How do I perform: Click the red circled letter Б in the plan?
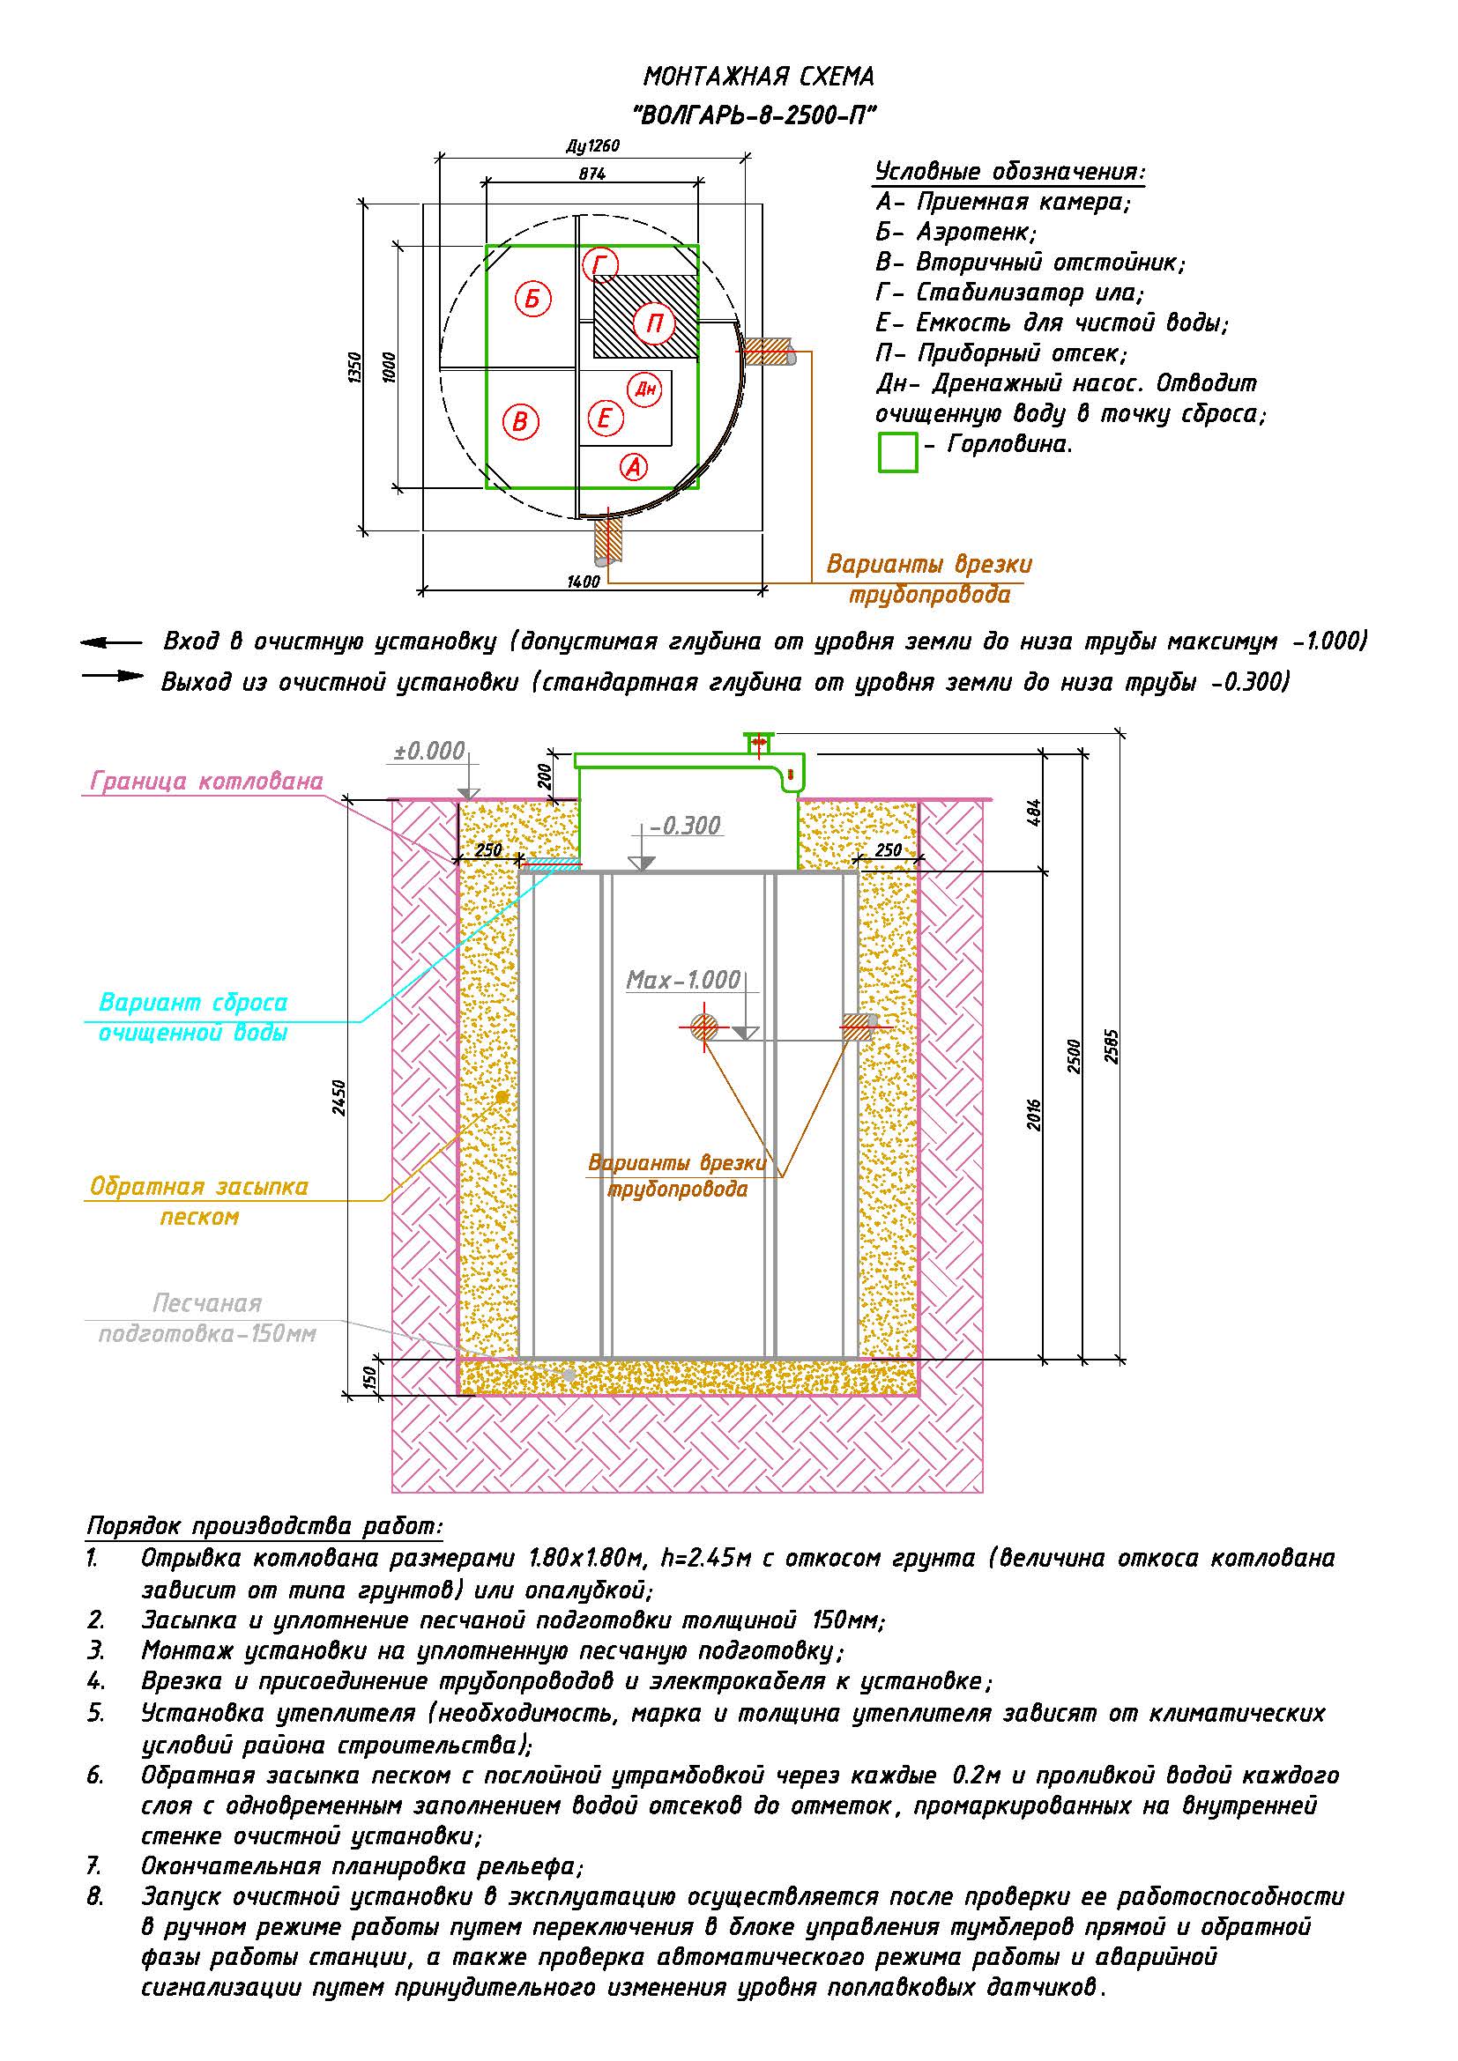coord(532,298)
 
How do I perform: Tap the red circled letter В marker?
coord(520,421)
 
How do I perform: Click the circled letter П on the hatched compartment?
coord(653,323)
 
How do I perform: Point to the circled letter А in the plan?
coord(634,467)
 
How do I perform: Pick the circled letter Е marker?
coord(604,419)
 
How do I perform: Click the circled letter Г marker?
coord(599,265)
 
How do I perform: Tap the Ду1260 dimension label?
coord(592,146)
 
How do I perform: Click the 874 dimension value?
coord(591,174)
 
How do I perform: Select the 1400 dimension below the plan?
coord(584,582)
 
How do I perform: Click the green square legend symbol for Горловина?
coord(896,451)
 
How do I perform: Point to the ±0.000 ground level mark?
coord(430,751)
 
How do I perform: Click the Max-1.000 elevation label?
coord(683,979)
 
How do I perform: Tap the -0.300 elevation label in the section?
coord(686,826)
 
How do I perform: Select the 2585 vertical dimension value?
coord(1112,1046)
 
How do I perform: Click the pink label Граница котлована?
coord(206,781)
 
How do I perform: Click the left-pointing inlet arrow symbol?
coord(109,642)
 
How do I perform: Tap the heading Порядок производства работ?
coord(264,1526)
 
